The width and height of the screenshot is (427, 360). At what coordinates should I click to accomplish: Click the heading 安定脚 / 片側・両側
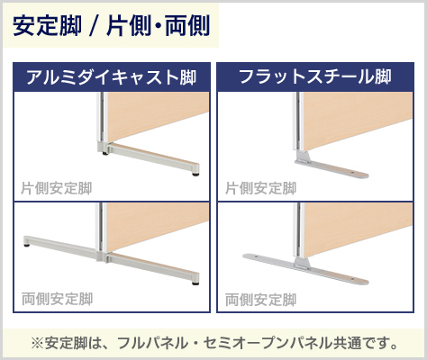pyautogui.click(x=111, y=26)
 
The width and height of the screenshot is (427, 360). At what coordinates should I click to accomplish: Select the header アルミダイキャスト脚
pyautogui.click(x=112, y=77)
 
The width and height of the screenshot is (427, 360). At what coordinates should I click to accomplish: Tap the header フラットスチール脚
pyautogui.click(x=315, y=76)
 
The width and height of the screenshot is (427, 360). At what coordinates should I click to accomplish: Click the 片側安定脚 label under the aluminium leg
pyautogui.click(x=57, y=188)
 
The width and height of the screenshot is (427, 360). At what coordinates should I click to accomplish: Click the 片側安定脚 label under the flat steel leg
pyautogui.click(x=260, y=188)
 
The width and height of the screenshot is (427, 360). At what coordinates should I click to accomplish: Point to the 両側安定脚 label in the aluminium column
pyautogui.click(x=57, y=299)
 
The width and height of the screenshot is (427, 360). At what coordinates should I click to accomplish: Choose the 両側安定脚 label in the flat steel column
pyautogui.click(x=260, y=300)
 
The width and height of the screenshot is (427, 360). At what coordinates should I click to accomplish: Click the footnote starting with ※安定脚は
pyautogui.click(x=213, y=343)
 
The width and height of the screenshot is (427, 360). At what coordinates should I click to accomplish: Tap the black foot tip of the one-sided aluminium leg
pyautogui.click(x=195, y=174)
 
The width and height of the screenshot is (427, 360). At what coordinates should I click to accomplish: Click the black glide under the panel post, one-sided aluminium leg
pyautogui.click(x=105, y=154)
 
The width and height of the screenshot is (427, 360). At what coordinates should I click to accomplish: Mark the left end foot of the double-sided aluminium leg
pyautogui.click(x=27, y=245)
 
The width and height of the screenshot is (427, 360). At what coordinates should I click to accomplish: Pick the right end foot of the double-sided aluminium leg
pyautogui.click(x=195, y=283)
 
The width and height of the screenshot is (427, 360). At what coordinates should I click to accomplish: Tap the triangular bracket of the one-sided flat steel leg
pyautogui.click(x=303, y=157)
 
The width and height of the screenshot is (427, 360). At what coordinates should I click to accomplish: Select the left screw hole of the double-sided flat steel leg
pyautogui.click(x=256, y=256)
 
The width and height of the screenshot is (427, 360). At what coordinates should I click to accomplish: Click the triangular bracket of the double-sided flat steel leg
pyautogui.click(x=302, y=263)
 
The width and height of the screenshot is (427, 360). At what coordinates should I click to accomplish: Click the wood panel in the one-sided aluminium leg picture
pyautogui.click(x=158, y=117)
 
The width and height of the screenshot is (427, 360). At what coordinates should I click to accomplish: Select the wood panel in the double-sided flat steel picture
pyautogui.click(x=359, y=229)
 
